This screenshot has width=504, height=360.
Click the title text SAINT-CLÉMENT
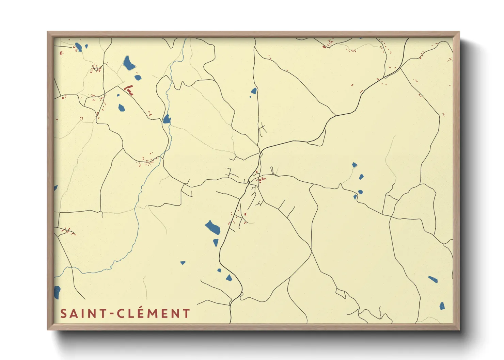[125, 313]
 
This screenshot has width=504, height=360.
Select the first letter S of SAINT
[63, 314]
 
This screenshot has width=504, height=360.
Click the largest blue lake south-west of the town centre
[212, 227]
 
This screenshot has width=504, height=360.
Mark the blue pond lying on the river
[167, 119]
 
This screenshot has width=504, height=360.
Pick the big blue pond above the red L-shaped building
[129, 63]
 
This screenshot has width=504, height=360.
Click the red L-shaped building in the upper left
[129, 90]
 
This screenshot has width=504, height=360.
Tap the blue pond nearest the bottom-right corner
[442, 306]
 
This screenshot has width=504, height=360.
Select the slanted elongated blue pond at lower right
[433, 279]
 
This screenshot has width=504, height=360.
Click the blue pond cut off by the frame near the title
[57, 292]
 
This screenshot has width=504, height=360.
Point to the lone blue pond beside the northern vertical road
[254, 91]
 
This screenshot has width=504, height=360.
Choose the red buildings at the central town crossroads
[261, 179]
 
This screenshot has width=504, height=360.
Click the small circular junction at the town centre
[249, 182]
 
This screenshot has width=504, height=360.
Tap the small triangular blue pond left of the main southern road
[183, 263]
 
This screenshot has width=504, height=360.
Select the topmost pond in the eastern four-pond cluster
[355, 165]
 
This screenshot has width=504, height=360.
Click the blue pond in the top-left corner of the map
[79, 47]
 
